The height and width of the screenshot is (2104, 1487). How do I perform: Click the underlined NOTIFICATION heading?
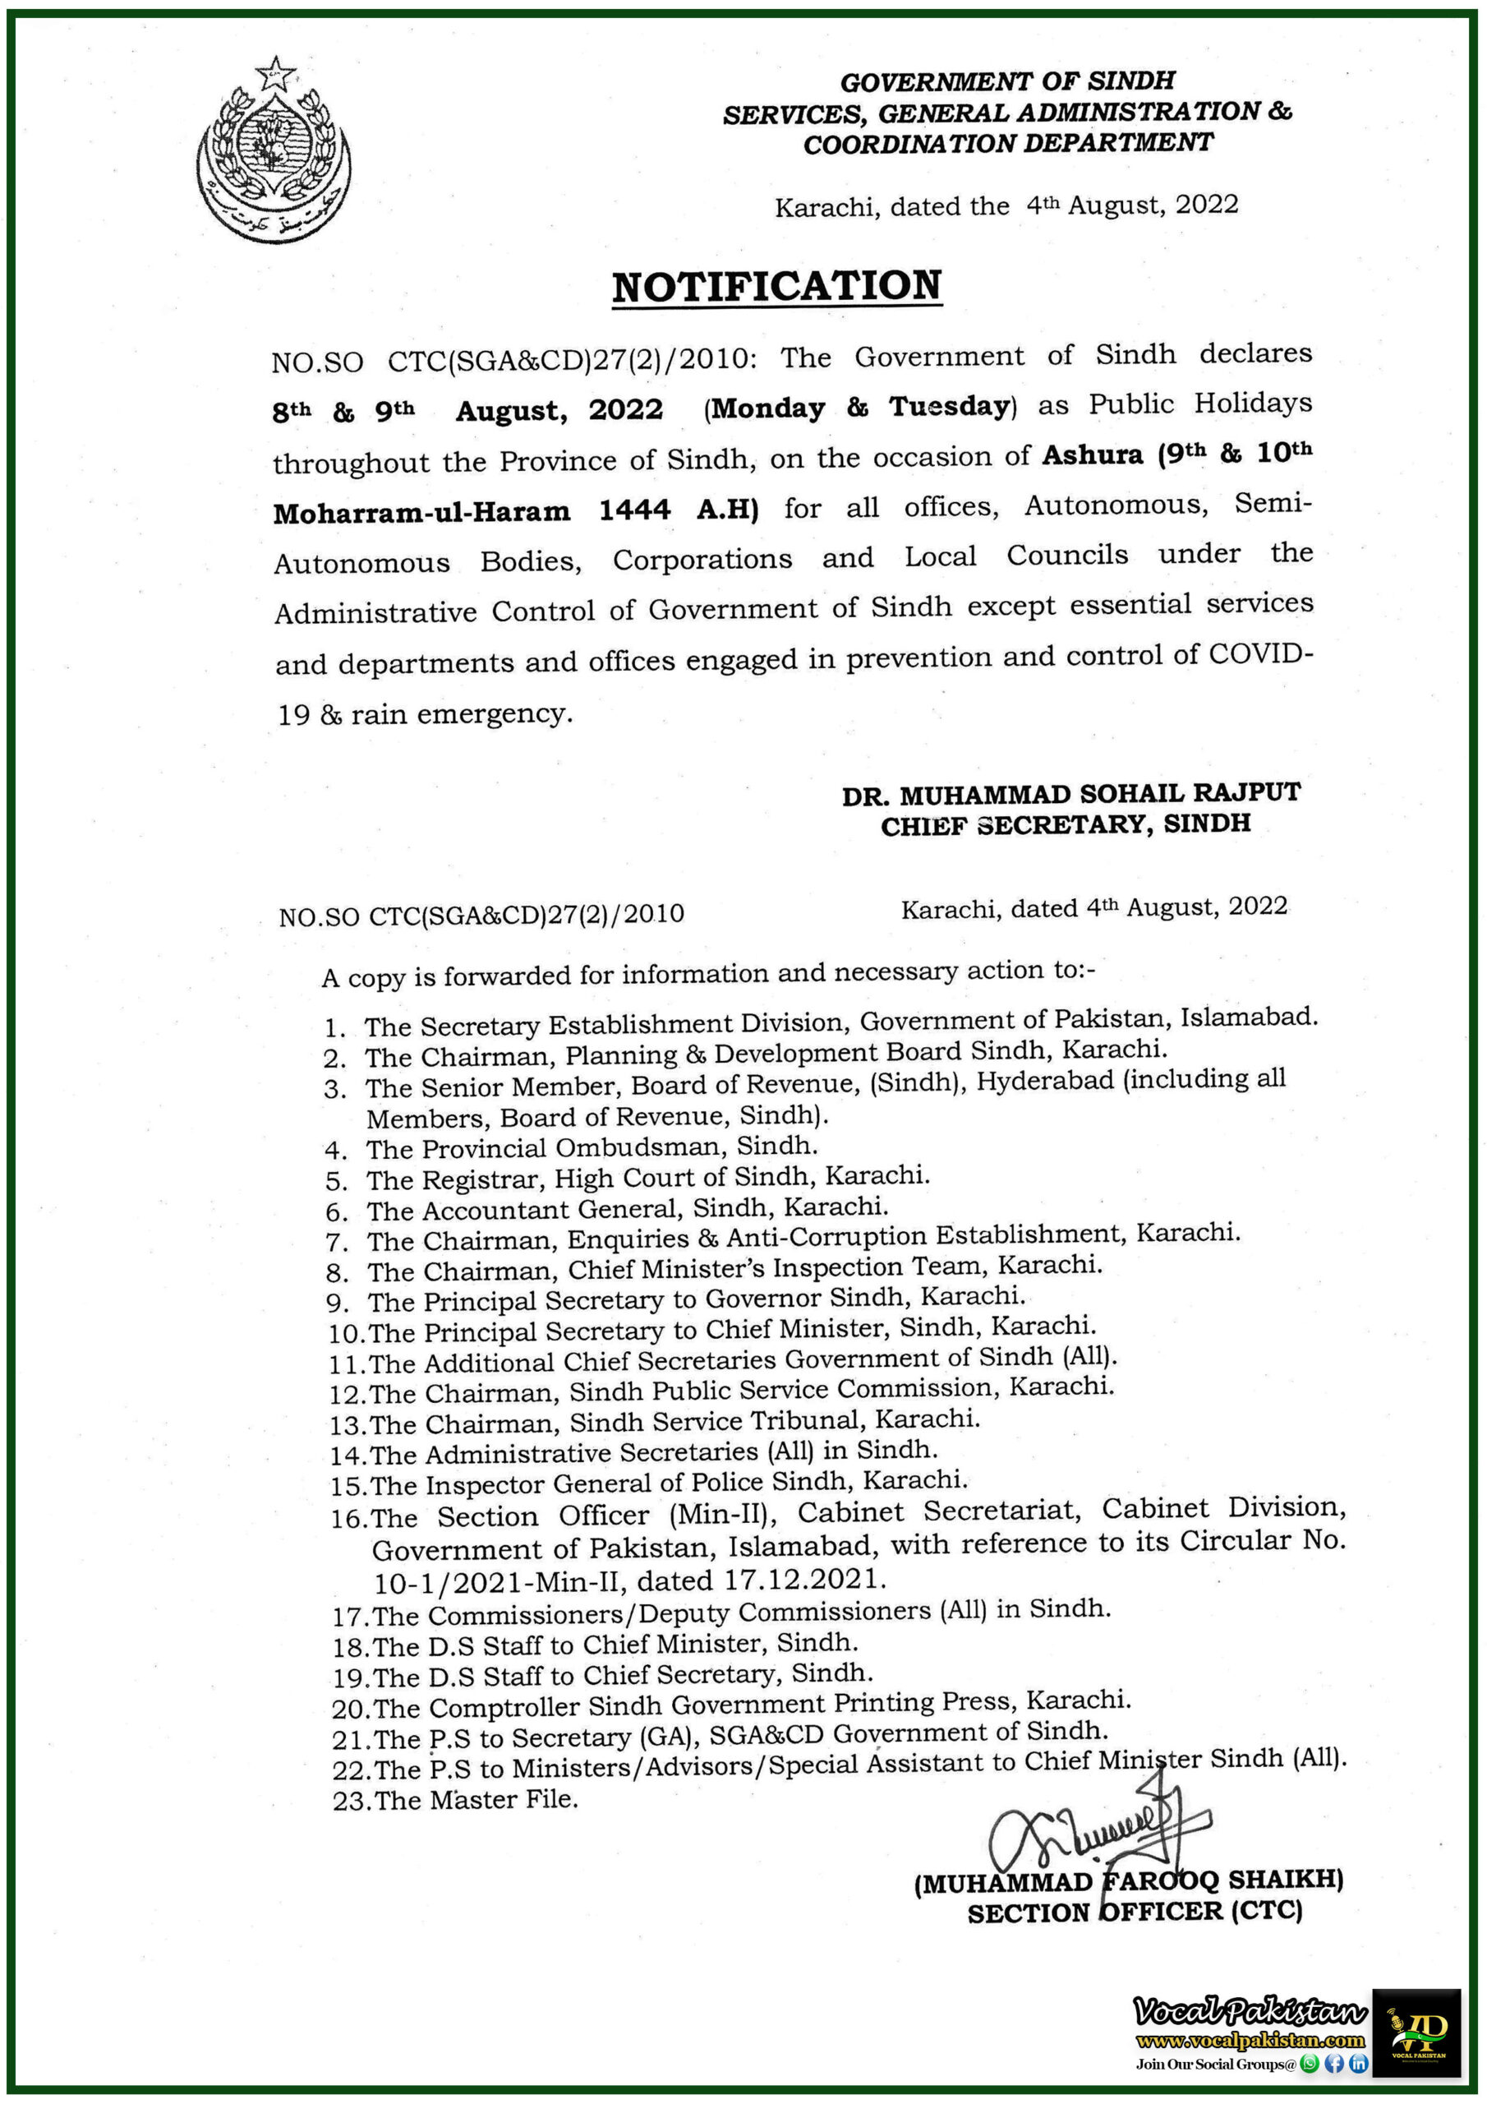[x=776, y=287]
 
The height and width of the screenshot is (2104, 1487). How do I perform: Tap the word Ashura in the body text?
[x=1092, y=454]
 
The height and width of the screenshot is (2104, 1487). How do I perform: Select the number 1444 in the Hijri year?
[x=634, y=510]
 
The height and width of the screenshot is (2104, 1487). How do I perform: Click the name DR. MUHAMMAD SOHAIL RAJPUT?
[x=1070, y=794]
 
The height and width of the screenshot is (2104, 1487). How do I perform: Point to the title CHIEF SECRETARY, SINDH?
[x=1065, y=824]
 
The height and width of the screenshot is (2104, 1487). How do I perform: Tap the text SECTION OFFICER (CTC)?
[x=1135, y=1913]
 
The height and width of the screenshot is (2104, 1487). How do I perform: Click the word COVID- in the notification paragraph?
[x=1259, y=655]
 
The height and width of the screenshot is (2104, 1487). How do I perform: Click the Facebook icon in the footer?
[x=1335, y=2064]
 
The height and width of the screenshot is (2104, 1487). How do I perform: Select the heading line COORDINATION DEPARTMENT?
[x=1007, y=144]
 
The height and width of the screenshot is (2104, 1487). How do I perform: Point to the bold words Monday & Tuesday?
[x=859, y=407]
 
